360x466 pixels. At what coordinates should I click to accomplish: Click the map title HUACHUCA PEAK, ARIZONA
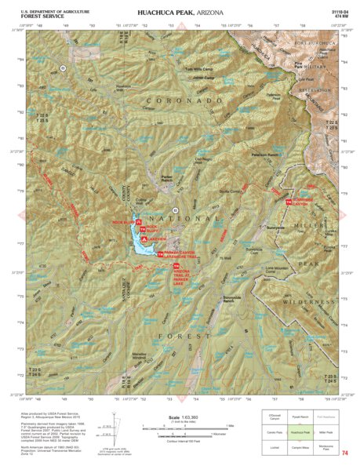point(180,13)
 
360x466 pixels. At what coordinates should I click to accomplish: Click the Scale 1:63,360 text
point(180,417)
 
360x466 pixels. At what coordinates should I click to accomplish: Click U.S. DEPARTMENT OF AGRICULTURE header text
point(43,9)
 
